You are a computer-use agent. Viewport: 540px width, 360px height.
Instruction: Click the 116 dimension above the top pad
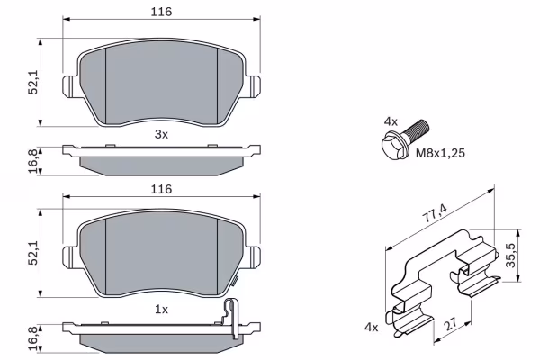coord(161,12)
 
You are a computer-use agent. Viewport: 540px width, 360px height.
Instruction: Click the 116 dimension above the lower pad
coord(161,189)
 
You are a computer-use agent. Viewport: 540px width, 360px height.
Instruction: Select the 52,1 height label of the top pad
coord(33,82)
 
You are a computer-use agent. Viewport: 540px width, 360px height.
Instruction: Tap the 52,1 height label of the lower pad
coord(33,253)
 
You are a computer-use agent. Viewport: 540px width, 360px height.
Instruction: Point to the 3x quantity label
coord(161,134)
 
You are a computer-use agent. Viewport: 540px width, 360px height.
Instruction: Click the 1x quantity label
coord(161,310)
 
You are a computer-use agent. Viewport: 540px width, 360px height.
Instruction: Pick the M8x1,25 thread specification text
coord(440,153)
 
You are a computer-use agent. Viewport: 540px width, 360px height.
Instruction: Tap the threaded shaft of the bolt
coord(416,129)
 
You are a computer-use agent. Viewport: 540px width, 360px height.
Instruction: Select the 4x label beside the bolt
coord(391,121)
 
